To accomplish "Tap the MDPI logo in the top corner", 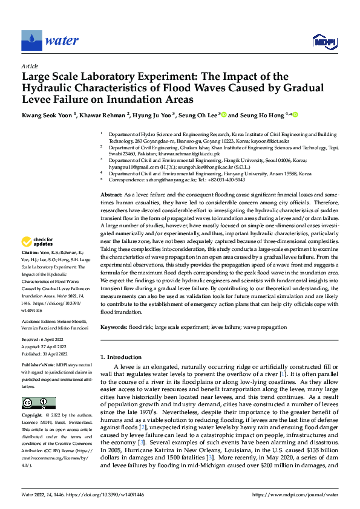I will (x=324, y=41).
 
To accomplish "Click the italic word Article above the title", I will (x=30, y=66).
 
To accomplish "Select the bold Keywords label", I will (x=114, y=327).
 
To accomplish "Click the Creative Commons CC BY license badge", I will (x=38, y=403).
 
